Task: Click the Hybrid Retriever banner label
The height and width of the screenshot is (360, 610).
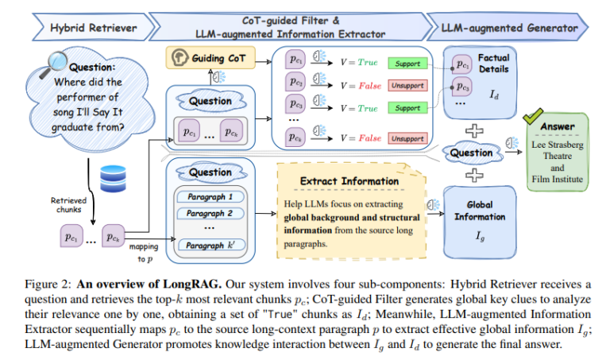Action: point(94,28)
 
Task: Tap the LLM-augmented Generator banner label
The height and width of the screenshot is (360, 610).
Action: point(509,28)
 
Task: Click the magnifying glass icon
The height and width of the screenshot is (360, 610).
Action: point(54,64)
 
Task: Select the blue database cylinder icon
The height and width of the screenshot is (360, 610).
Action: point(113,179)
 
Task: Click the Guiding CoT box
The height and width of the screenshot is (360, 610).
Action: point(210,57)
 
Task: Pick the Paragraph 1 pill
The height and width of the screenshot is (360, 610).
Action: point(210,196)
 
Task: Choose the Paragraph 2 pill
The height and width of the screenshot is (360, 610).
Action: point(210,213)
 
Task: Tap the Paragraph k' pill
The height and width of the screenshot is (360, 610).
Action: point(211,246)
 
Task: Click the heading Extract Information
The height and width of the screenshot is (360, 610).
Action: point(349,181)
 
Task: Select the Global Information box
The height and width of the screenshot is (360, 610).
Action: point(480,223)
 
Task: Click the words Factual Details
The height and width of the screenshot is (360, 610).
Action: point(494,64)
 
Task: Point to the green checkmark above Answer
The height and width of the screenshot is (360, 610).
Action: point(533,116)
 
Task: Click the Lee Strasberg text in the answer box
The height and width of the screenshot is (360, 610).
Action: point(558,145)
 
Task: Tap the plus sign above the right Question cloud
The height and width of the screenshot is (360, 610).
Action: point(474,131)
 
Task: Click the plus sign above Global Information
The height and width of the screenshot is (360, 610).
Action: point(474,175)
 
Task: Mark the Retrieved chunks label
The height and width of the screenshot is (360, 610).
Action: point(68,205)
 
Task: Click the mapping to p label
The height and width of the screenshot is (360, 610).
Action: point(144,253)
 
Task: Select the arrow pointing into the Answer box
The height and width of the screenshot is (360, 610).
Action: point(514,152)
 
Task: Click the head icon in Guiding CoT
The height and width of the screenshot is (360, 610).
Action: point(180,57)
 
